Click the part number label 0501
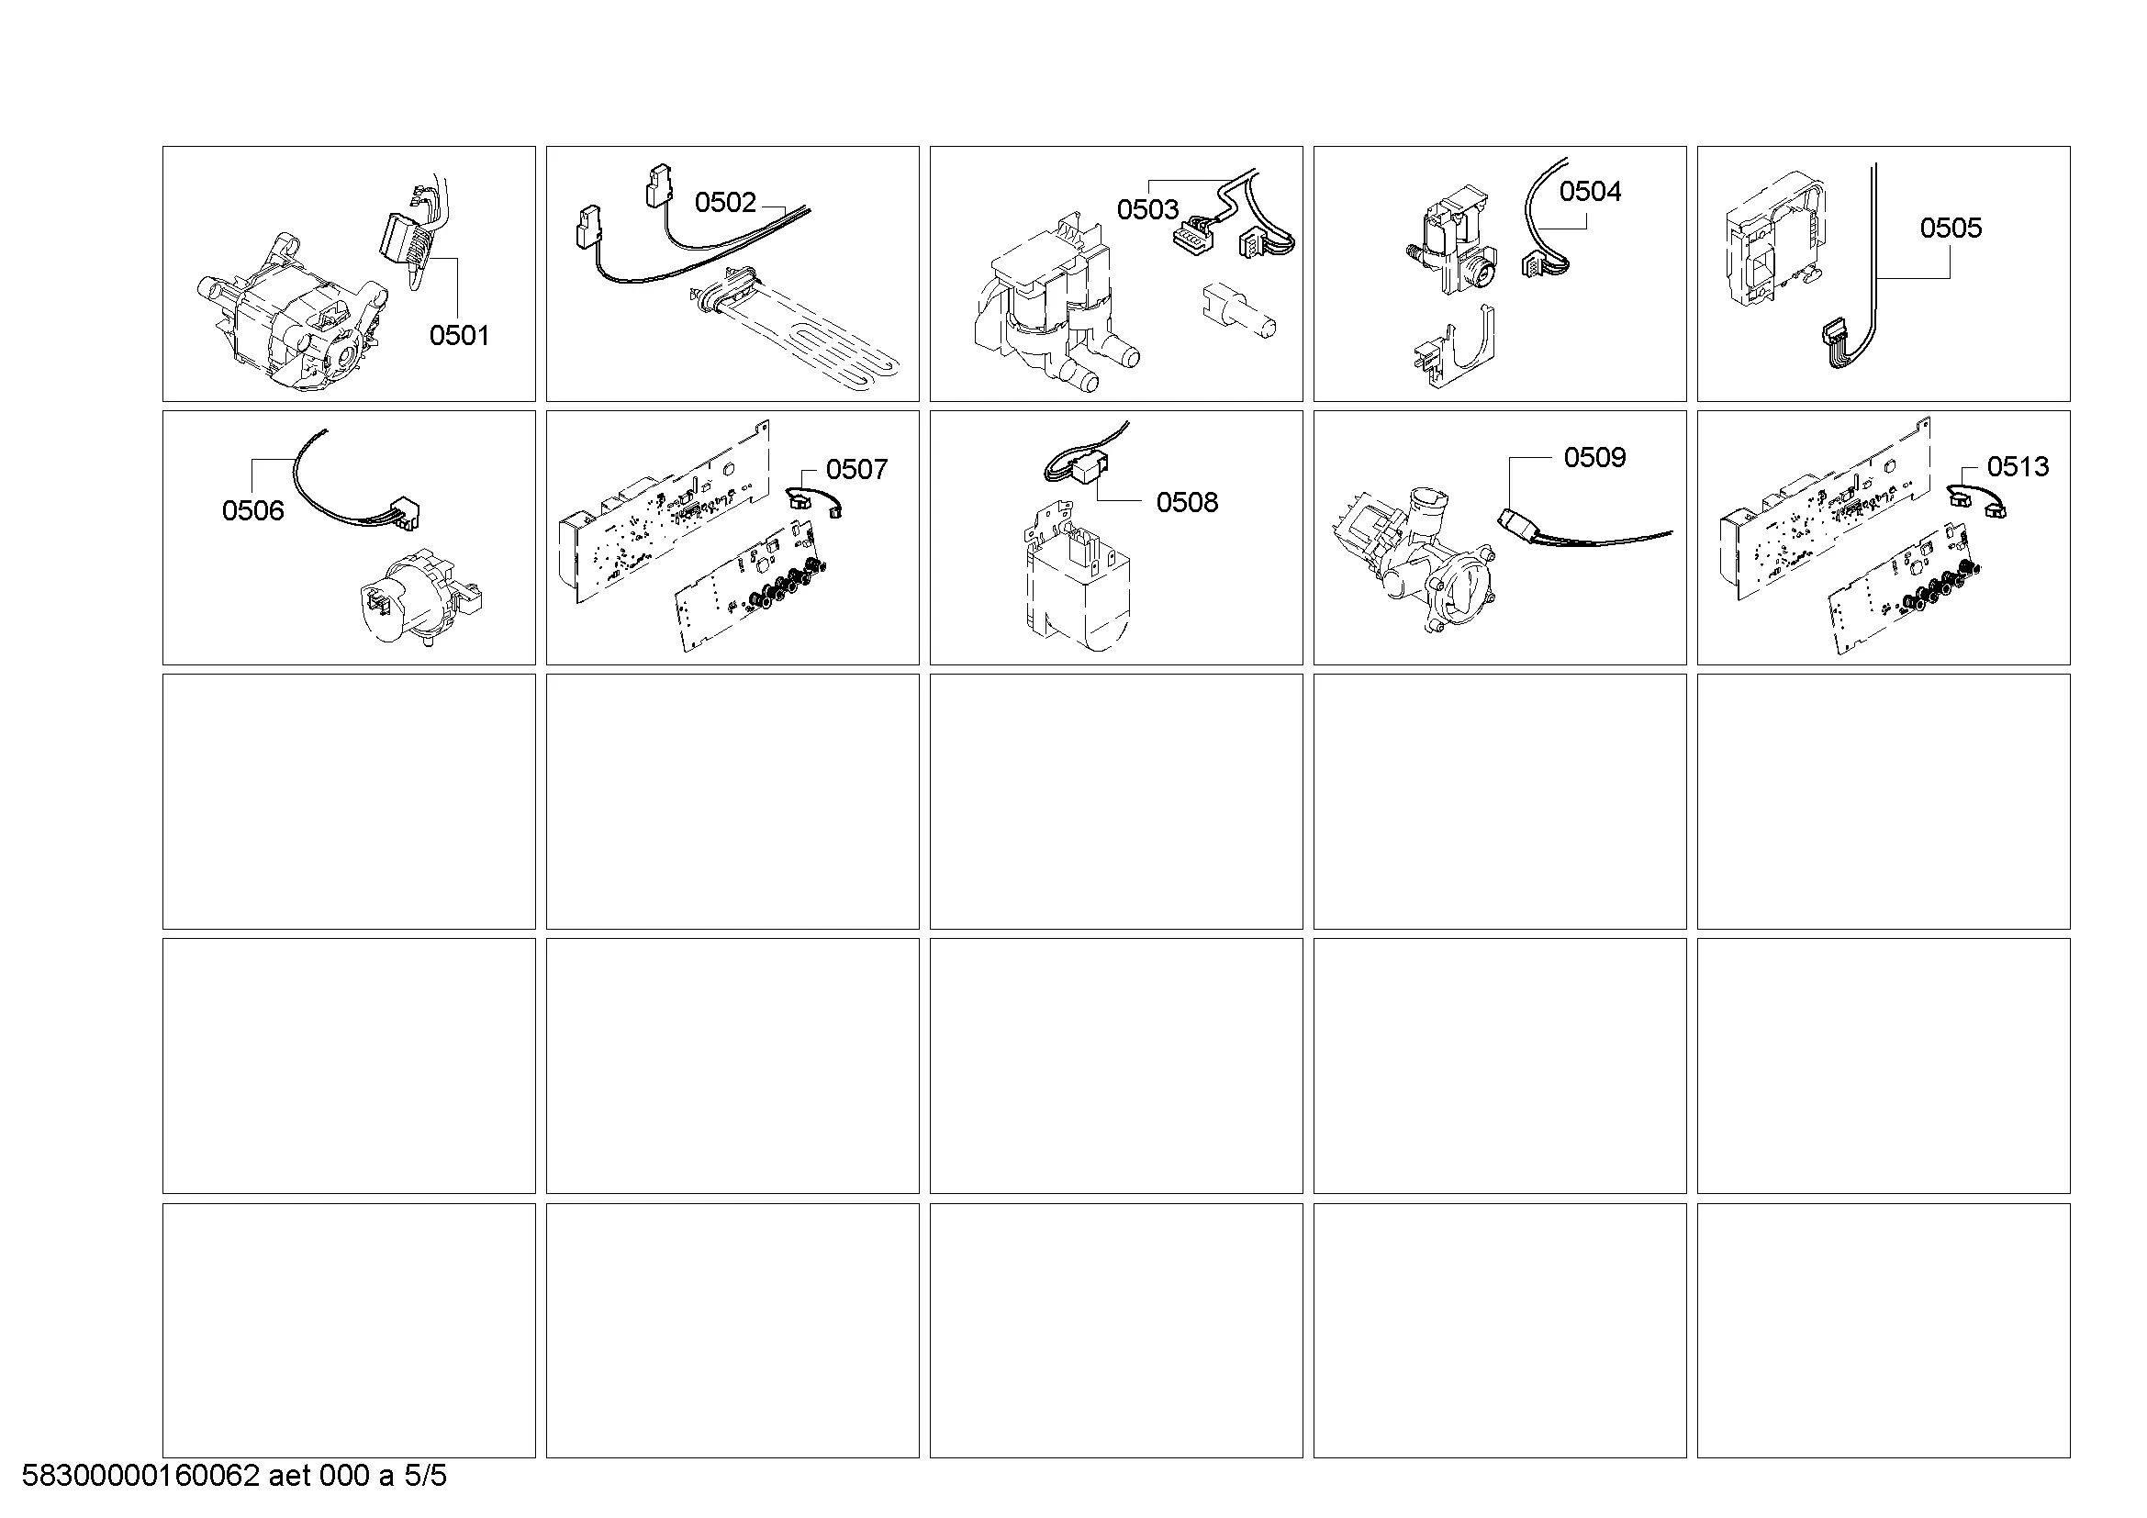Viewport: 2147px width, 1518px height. pos(459,336)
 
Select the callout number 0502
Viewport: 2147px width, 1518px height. pos(725,203)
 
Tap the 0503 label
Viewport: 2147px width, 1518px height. pos(1147,209)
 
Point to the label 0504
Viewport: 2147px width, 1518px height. pos(1590,192)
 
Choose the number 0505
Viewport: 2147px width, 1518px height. pos(1951,229)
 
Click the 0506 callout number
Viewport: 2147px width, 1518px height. pos(252,510)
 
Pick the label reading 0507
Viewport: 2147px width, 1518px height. pos(856,469)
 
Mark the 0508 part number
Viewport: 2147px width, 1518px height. pos(1187,503)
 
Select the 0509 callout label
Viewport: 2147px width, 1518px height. pos(1594,457)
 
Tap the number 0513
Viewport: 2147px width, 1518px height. pos(2017,466)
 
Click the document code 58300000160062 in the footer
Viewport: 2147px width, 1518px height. pos(140,1476)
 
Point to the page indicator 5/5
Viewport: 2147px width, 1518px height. pos(426,1476)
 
